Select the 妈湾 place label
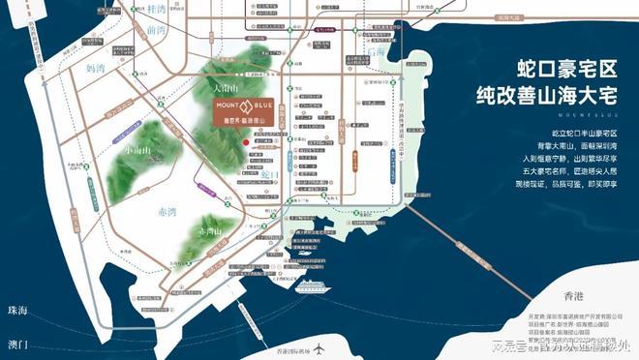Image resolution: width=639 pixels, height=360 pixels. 96,70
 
